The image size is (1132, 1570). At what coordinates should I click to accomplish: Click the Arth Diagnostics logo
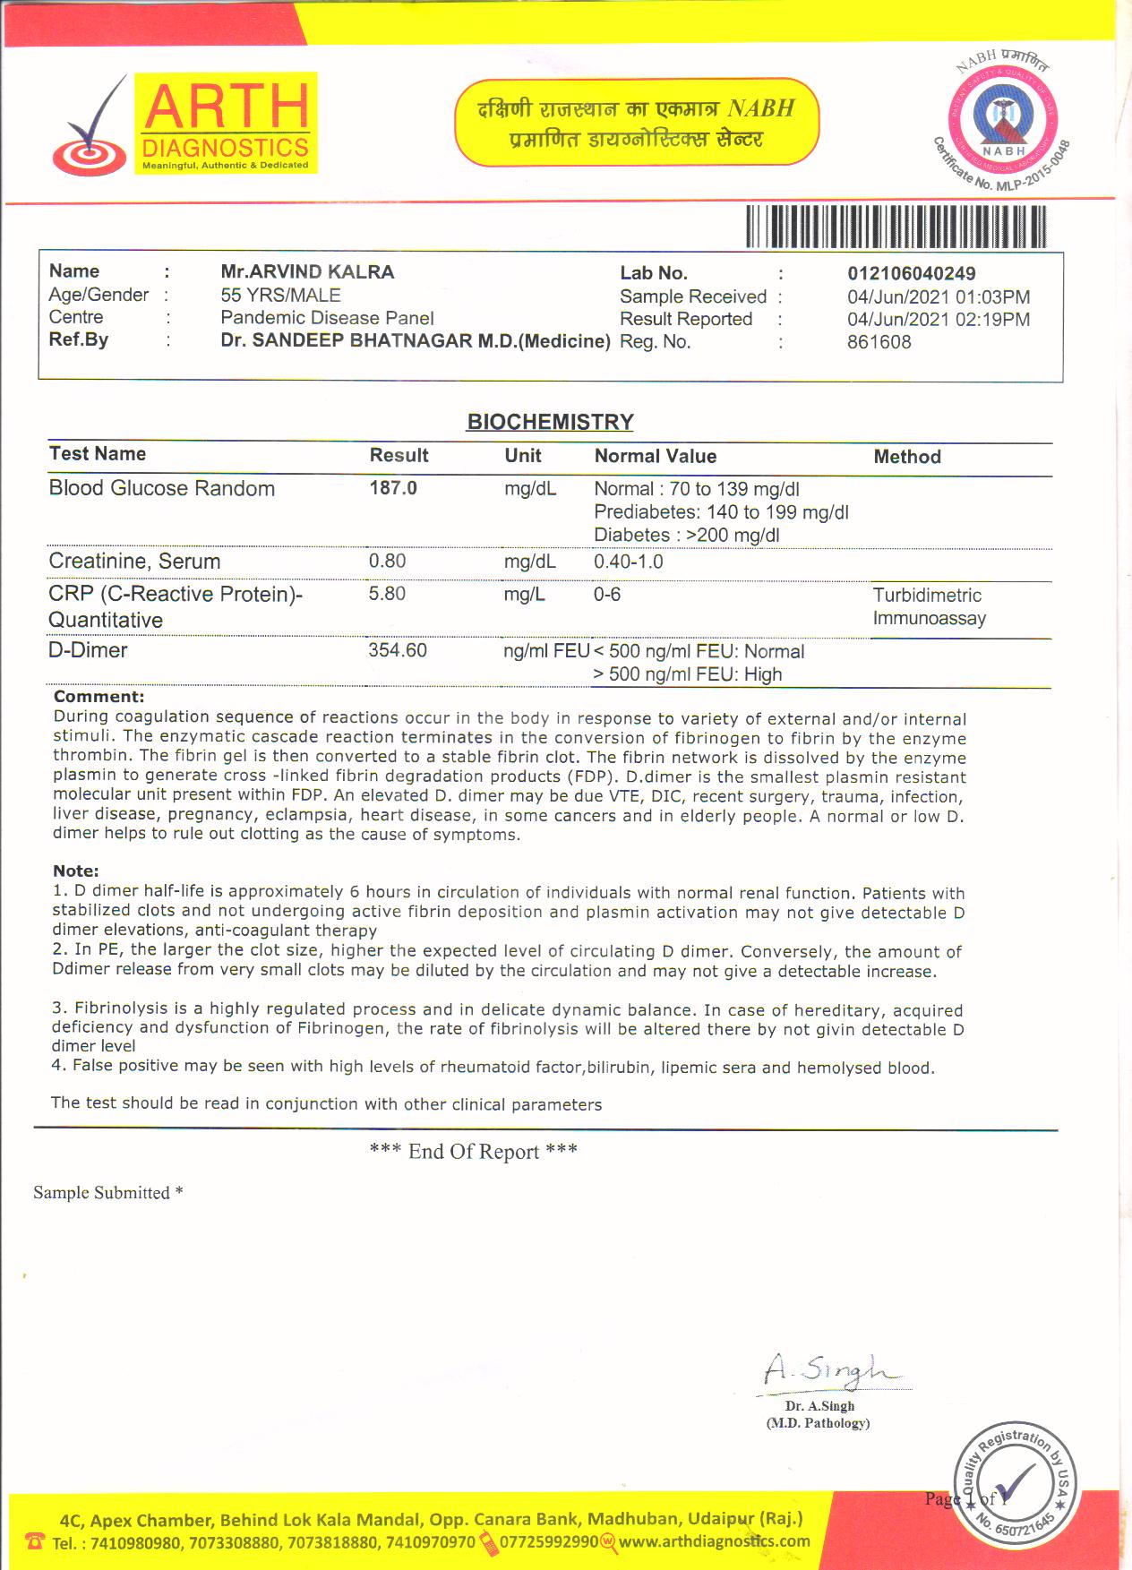(x=184, y=124)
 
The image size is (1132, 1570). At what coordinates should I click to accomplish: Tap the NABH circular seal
(x=1002, y=121)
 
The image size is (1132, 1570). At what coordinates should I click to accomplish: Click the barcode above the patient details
(x=896, y=227)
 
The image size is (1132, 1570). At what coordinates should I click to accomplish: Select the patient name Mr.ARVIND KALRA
(x=307, y=272)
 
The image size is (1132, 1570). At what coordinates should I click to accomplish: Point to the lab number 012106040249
(x=911, y=274)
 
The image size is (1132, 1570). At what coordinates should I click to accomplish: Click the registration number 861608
(x=879, y=342)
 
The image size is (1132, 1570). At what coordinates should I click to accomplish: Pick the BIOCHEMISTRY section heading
(x=550, y=422)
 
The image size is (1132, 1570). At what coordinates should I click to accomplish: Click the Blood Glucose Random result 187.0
(x=393, y=488)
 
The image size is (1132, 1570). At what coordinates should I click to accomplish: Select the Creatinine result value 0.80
(x=387, y=562)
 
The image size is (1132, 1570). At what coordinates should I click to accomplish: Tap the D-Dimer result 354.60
(x=398, y=650)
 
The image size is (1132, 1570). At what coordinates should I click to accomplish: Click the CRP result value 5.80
(x=387, y=594)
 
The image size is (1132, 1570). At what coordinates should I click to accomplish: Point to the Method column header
(x=906, y=457)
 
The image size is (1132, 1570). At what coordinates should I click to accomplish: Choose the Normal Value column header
(x=655, y=456)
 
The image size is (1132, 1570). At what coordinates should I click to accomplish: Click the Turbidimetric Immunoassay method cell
(x=929, y=606)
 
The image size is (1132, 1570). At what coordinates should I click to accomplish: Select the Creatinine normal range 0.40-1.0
(x=628, y=562)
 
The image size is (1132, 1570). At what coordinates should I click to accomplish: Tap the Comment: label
(x=99, y=697)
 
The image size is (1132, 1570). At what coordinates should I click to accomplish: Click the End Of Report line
(x=473, y=1152)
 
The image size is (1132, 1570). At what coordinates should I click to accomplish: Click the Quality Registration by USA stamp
(x=1015, y=1484)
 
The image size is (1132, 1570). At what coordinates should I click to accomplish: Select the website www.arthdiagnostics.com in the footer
(x=714, y=1541)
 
